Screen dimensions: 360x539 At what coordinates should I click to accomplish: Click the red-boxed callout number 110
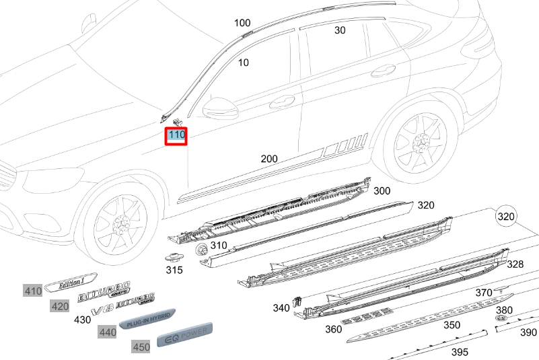pos(177,135)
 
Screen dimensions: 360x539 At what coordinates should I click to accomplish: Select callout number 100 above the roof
pos(242,23)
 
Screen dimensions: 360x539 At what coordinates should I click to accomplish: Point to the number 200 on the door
pos(269,159)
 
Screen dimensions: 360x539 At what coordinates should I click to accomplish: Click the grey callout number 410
pos(32,291)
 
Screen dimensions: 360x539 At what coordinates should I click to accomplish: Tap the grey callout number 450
pos(141,347)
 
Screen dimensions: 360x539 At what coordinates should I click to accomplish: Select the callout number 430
pos(82,320)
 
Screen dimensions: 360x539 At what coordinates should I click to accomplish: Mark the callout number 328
pos(515,264)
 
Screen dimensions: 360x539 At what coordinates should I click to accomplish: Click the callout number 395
pos(460,352)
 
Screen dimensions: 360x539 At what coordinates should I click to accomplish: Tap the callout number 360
pos(333,329)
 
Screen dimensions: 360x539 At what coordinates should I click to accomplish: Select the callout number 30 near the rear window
pos(340,30)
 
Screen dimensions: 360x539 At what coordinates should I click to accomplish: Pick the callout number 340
pos(281,308)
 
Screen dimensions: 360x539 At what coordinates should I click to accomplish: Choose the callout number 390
pos(529,332)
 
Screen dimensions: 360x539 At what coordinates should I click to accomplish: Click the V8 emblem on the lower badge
pos(100,310)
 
